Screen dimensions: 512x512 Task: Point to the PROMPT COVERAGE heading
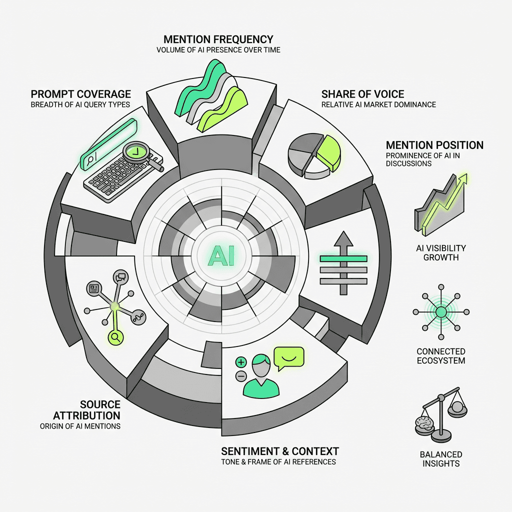pos(80,94)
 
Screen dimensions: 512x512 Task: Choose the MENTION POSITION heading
pos(434,145)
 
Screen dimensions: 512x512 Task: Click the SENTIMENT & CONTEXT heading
pos(280,451)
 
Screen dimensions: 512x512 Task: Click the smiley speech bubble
pos(288,358)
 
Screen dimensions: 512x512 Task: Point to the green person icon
pos(260,375)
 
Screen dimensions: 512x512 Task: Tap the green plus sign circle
pos(241,361)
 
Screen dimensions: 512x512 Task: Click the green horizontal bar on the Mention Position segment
pos(343,258)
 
